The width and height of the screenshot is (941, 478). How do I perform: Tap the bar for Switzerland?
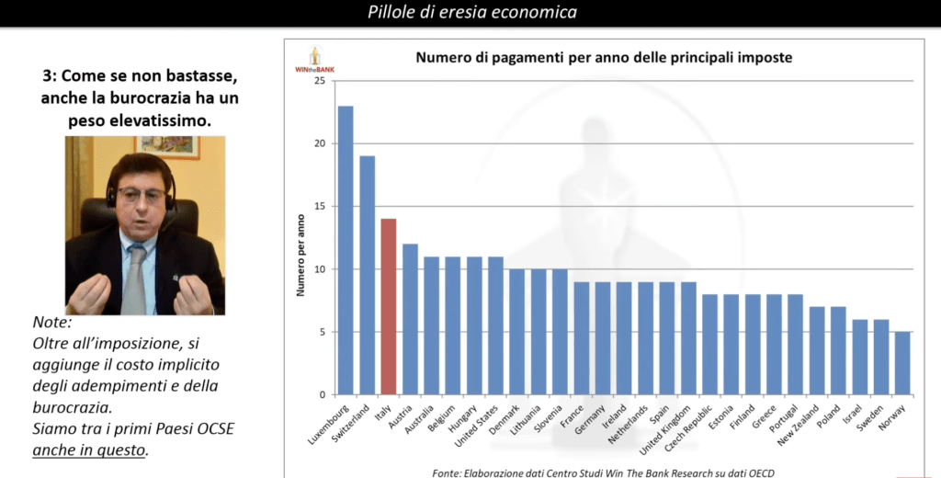coord(367,275)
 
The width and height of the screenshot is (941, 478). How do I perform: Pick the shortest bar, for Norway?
coord(902,363)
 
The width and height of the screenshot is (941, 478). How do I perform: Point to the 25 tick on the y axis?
coord(319,81)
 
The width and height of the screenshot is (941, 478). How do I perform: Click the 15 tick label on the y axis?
coord(319,206)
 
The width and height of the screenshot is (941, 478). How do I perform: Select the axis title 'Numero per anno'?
coord(300,256)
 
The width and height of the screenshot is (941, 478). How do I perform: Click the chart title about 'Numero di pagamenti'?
coord(604,57)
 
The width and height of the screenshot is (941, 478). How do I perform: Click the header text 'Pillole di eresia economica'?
coord(472,12)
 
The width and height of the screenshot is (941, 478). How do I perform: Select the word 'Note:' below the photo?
coord(51,324)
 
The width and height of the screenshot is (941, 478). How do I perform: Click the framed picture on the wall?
coord(168,146)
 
